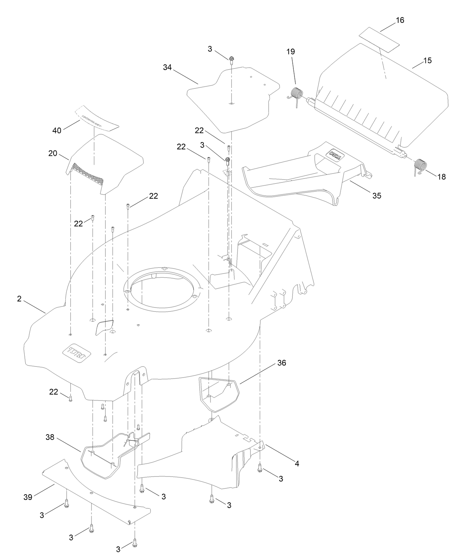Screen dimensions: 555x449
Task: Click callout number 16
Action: [x=400, y=20]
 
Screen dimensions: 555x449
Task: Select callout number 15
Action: [x=427, y=60]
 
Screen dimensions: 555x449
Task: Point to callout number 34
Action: [x=167, y=67]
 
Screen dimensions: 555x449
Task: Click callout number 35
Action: [x=377, y=195]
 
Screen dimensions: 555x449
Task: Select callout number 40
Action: [x=57, y=130]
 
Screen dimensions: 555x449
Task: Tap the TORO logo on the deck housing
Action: [x=76, y=353]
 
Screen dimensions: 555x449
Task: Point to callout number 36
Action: [x=282, y=363]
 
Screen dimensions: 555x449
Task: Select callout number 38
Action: [x=50, y=437]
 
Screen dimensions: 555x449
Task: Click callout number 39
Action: [x=28, y=497]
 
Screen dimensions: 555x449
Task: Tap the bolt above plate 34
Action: [x=231, y=59]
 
